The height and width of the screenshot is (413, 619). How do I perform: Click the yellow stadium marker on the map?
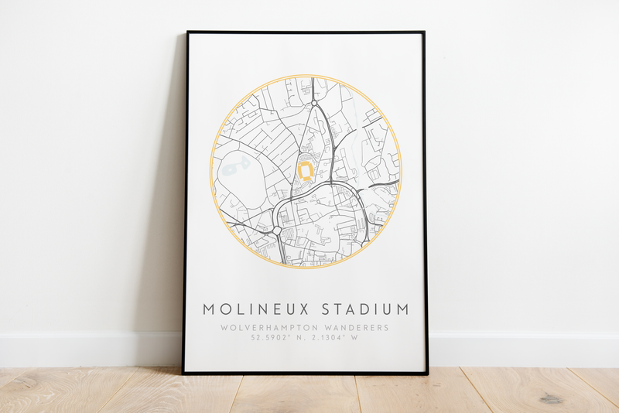point(306,171)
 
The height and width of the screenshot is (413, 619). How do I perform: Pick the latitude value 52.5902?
point(267,337)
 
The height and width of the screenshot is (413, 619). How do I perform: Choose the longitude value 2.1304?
point(333,337)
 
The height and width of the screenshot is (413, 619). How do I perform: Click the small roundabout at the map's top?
point(314,103)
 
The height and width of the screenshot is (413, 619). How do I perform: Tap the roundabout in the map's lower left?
point(276,230)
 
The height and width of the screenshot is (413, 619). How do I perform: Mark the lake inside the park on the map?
point(238,164)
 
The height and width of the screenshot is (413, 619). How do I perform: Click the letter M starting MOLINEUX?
point(210,309)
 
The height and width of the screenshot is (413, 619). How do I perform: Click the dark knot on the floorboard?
point(551,398)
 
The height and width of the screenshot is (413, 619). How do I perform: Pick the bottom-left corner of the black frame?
point(184,373)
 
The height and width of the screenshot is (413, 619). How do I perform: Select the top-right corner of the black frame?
point(424,32)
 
